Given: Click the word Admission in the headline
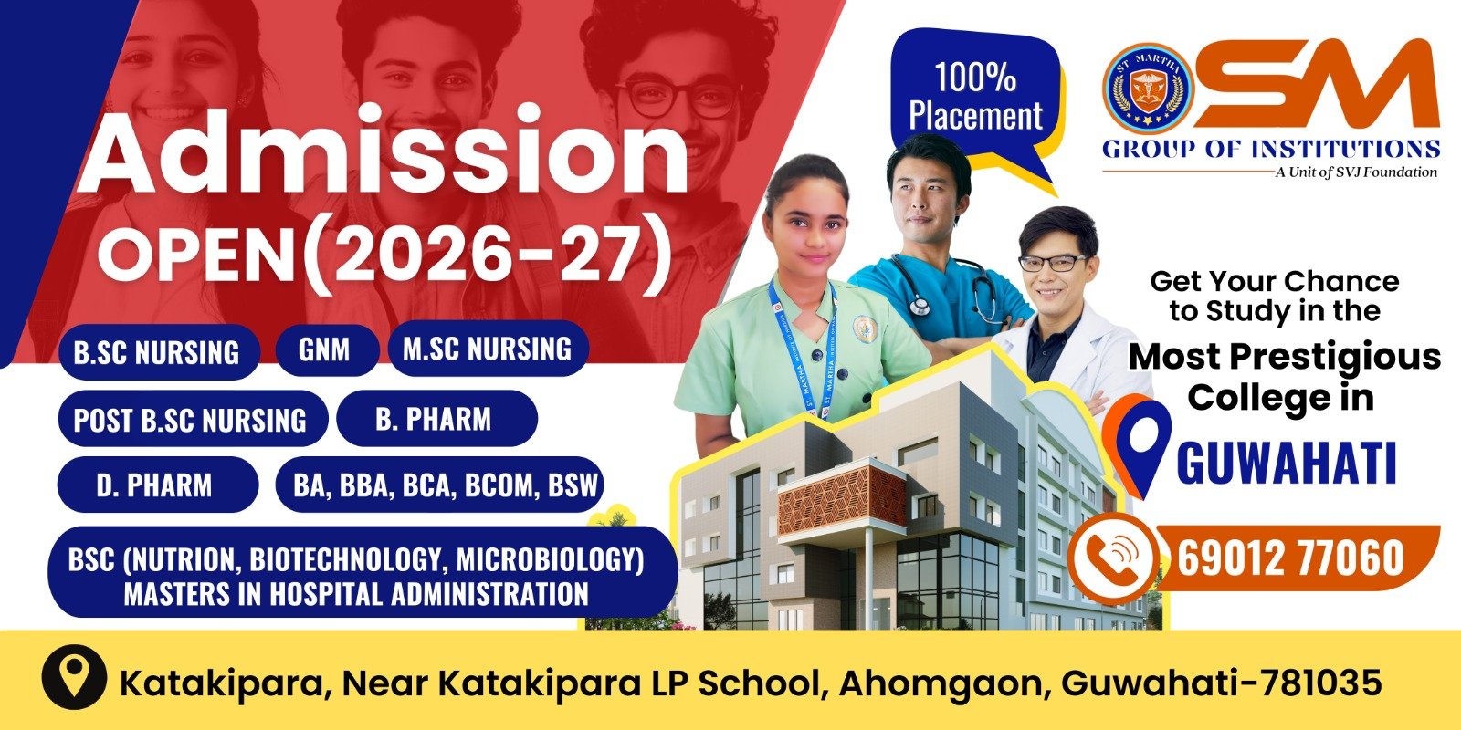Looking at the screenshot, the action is (383, 151).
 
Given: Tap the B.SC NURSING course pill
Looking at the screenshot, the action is (159, 352).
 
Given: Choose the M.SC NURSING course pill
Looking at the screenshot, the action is (488, 348).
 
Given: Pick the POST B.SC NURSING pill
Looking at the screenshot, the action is (193, 419).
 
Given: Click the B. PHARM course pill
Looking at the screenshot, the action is (436, 419).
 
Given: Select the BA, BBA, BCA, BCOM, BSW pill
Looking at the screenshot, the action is (439, 485).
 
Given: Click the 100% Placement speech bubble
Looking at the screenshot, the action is (976, 98).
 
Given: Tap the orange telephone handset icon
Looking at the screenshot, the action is (1115, 558).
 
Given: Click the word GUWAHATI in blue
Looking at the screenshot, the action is (1287, 462).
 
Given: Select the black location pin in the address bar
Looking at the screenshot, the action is (74, 677).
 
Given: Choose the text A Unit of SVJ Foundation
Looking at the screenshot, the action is (1356, 172).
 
